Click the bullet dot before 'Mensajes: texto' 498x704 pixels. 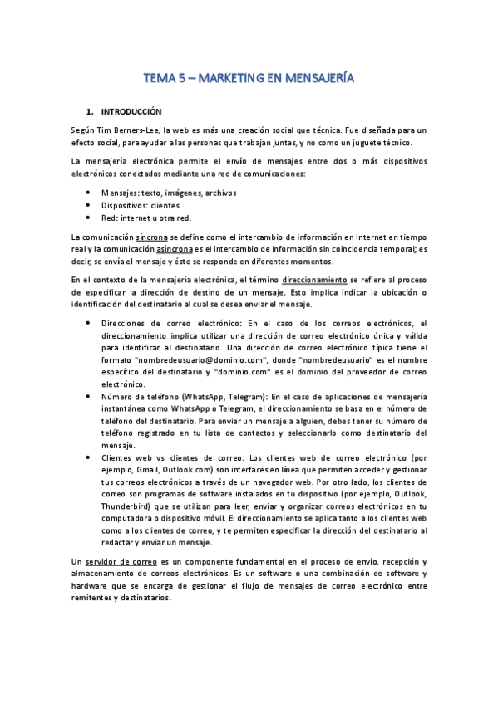tap(89, 193)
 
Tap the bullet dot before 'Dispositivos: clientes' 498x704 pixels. tap(89, 205)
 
